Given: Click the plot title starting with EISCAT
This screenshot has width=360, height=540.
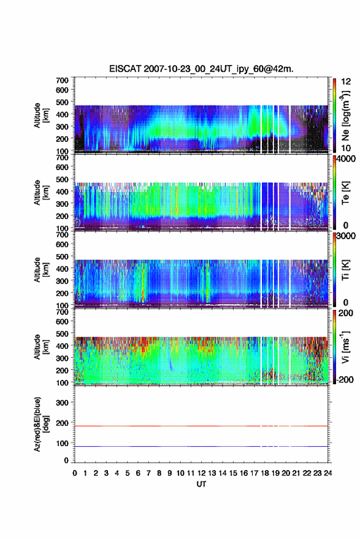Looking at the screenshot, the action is click(x=201, y=69).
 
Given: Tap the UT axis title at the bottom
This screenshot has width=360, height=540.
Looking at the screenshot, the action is click(x=201, y=484).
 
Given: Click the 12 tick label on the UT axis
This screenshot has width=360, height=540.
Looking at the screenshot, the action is click(x=201, y=473).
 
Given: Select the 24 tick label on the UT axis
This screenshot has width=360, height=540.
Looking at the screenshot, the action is click(x=327, y=473).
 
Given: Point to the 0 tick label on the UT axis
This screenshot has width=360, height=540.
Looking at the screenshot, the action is click(x=75, y=473).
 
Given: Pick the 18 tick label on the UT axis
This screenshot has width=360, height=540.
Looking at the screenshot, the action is click(x=265, y=473).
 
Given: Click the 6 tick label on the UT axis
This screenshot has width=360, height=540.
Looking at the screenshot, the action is click(x=138, y=473).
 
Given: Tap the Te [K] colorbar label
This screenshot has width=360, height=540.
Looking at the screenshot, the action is click(x=345, y=193).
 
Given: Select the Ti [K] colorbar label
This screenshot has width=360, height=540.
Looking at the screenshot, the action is click(x=345, y=270).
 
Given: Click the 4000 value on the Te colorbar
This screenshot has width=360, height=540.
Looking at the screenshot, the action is click(x=347, y=158).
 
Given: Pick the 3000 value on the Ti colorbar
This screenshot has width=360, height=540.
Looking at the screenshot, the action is click(x=347, y=236).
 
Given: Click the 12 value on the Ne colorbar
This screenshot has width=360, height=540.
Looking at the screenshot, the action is click(x=346, y=81).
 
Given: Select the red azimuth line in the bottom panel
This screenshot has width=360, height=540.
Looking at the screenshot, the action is click(x=201, y=426).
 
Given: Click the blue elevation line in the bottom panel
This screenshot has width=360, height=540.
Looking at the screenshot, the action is click(x=201, y=446).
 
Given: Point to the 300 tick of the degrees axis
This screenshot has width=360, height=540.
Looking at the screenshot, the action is click(x=62, y=403).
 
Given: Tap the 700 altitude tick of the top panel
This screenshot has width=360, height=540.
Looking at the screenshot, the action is click(x=62, y=80).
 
